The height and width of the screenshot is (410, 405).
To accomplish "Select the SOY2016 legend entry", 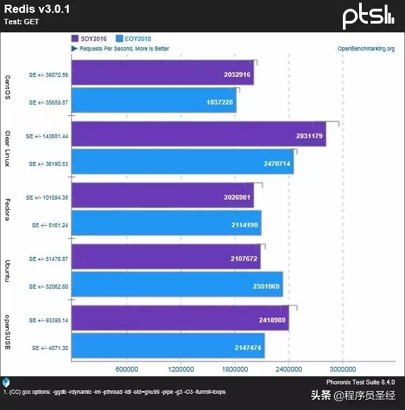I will [91, 38].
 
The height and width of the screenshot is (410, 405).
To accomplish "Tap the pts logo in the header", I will [368, 16].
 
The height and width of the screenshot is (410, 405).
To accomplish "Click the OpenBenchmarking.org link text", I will [366, 49].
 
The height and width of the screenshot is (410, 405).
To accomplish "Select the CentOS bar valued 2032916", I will [162, 73].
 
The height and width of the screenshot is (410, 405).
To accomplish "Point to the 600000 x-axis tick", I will [127, 369].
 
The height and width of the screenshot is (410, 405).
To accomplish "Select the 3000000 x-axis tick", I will [342, 369].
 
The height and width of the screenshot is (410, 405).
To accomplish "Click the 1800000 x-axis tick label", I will [235, 369].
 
